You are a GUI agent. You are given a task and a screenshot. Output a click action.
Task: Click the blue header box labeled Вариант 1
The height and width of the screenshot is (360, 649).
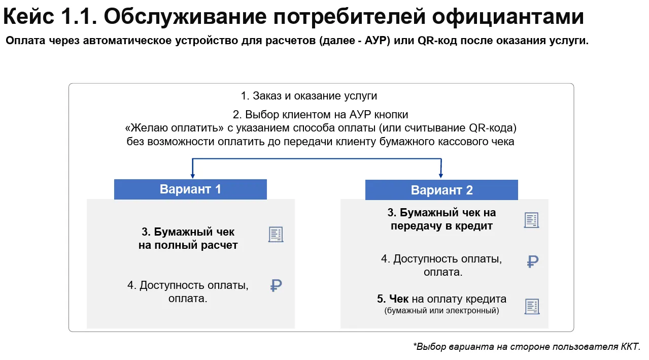point(190,189)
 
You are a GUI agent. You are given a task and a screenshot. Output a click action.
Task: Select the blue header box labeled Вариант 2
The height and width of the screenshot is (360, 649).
point(441,190)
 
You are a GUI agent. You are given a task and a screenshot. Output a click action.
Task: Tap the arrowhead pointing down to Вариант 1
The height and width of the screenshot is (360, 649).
point(193,176)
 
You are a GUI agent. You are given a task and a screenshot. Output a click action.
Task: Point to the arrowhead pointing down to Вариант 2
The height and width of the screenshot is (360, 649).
point(441,176)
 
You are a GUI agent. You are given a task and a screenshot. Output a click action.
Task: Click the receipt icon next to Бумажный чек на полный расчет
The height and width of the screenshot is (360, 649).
point(276,234)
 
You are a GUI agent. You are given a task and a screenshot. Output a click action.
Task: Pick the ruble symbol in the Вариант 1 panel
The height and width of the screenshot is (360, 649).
point(276,285)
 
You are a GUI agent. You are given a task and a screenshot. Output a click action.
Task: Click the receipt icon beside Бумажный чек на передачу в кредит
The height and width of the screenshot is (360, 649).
point(531,220)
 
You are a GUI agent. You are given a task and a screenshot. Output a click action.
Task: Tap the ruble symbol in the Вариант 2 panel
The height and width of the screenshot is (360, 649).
point(532,261)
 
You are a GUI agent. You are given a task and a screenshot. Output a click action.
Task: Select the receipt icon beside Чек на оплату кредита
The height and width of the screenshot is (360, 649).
point(532,306)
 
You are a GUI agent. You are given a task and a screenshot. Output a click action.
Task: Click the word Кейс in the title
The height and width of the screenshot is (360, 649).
point(28,17)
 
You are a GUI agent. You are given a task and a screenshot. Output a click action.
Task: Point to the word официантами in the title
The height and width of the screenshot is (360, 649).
point(508,17)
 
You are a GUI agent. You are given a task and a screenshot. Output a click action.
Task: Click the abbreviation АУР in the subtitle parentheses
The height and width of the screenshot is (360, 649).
point(377,41)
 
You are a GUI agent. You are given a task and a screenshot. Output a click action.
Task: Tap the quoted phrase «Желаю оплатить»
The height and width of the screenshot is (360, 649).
point(175,128)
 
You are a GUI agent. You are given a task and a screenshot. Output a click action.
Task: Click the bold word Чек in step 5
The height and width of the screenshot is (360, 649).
point(399,299)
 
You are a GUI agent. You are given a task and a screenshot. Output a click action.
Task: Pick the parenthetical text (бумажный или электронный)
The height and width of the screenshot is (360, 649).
point(441,311)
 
